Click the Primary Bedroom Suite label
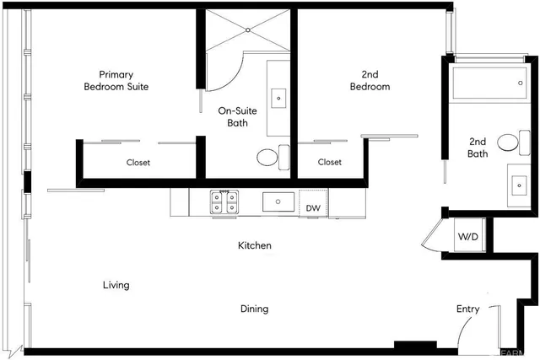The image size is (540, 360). click(116, 81)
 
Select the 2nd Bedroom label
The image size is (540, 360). click(370, 81)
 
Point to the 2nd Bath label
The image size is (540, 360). click(478, 148)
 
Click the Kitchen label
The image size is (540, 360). click(254, 245)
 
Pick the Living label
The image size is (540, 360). click(116, 285)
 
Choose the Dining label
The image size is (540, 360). click(254, 309)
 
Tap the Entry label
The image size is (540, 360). click(467, 309)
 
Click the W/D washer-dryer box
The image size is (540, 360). click(467, 237)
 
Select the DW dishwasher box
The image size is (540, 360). click(313, 207)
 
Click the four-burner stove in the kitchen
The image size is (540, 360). click(225, 202)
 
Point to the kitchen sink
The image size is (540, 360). click(278, 202)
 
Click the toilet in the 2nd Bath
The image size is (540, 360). click(508, 142)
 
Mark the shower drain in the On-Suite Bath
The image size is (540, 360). click(248, 30)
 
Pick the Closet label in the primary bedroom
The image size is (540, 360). click(138, 163)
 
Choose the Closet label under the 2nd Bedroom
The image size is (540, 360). click(330, 163)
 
